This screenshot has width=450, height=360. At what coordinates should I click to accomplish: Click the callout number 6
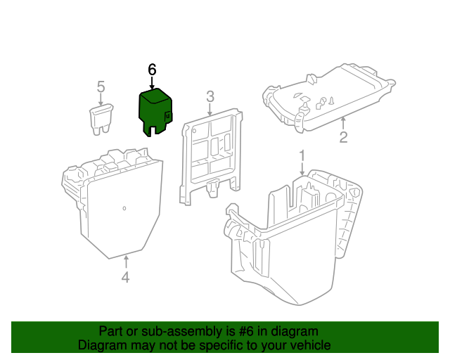(x=152, y=70)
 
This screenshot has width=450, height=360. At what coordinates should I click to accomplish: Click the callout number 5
(x=101, y=87)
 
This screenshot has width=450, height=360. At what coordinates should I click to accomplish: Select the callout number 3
(x=210, y=96)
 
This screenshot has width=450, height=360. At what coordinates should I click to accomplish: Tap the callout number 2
(x=343, y=137)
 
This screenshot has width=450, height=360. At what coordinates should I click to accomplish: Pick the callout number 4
(x=125, y=278)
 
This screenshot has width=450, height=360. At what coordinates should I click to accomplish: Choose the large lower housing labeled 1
(x=295, y=239)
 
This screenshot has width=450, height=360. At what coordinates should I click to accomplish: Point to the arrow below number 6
(x=152, y=82)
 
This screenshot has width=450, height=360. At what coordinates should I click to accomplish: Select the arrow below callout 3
(x=210, y=109)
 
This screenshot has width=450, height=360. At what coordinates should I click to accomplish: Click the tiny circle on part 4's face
(x=124, y=208)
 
